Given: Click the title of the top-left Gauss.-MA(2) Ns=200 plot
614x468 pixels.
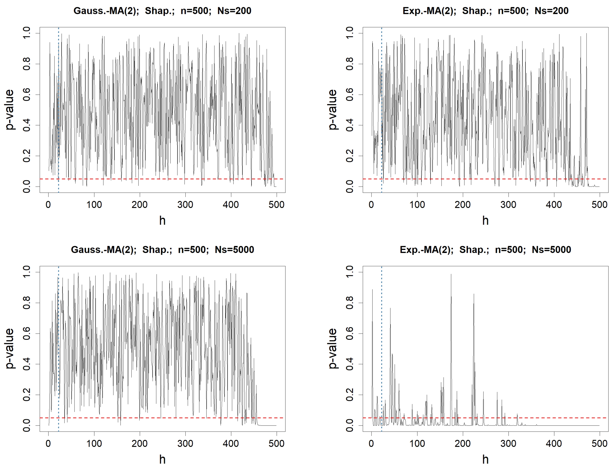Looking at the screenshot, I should (x=162, y=11).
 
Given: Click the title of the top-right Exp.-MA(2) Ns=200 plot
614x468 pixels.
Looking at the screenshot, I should (x=485, y=11).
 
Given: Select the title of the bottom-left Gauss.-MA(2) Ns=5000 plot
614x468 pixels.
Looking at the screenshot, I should (x=162, y=250).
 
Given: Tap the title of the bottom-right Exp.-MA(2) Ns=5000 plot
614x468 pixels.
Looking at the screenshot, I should (x=485, y=250).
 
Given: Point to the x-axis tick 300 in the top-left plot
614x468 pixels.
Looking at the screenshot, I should (x=185, y=205).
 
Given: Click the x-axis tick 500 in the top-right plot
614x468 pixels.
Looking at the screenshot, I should (x=599, y=205).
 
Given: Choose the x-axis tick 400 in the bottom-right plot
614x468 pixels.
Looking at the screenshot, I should (x=554, y=444).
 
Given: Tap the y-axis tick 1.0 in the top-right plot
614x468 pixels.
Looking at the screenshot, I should (x=350, y=33).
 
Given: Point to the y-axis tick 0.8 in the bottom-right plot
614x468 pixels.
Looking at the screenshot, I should (x=350, y=303).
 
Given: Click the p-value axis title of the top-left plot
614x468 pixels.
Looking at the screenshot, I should (x=9, y=109).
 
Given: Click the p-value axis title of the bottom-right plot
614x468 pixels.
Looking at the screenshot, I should (x=333, y=348).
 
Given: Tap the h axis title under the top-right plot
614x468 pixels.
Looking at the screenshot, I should (x=485, y=221).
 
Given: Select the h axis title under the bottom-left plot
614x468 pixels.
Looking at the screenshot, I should (x=162, y=459).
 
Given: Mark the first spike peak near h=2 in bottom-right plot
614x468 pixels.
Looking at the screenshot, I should (x=372, y=290).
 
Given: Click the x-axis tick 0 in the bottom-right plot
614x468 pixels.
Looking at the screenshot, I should (x=371, y=444).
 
